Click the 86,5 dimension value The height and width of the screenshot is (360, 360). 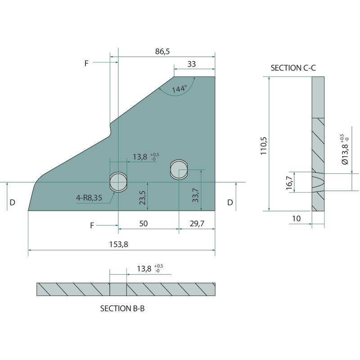[x=162, y=51]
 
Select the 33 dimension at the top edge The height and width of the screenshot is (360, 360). [x=192, y=64]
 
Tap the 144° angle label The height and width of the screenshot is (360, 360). [x=180, y=89]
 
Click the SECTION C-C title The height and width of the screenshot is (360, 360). [x=293, y=68]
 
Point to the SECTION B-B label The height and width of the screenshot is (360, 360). [x=122, y=308]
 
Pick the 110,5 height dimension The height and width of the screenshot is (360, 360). [x=264, y=146]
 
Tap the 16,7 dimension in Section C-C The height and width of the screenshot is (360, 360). [x=289, y=183]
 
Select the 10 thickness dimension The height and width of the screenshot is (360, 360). [x=296, y=218]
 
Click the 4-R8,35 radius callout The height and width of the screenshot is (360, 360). [x=89, y=198]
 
